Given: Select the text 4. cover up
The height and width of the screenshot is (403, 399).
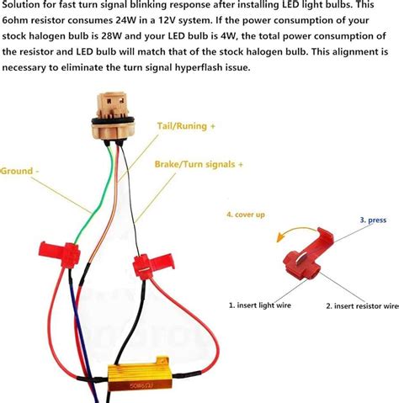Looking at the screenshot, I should [x=246, y=215].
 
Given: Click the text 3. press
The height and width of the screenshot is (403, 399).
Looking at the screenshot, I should [x=373, y=220].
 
